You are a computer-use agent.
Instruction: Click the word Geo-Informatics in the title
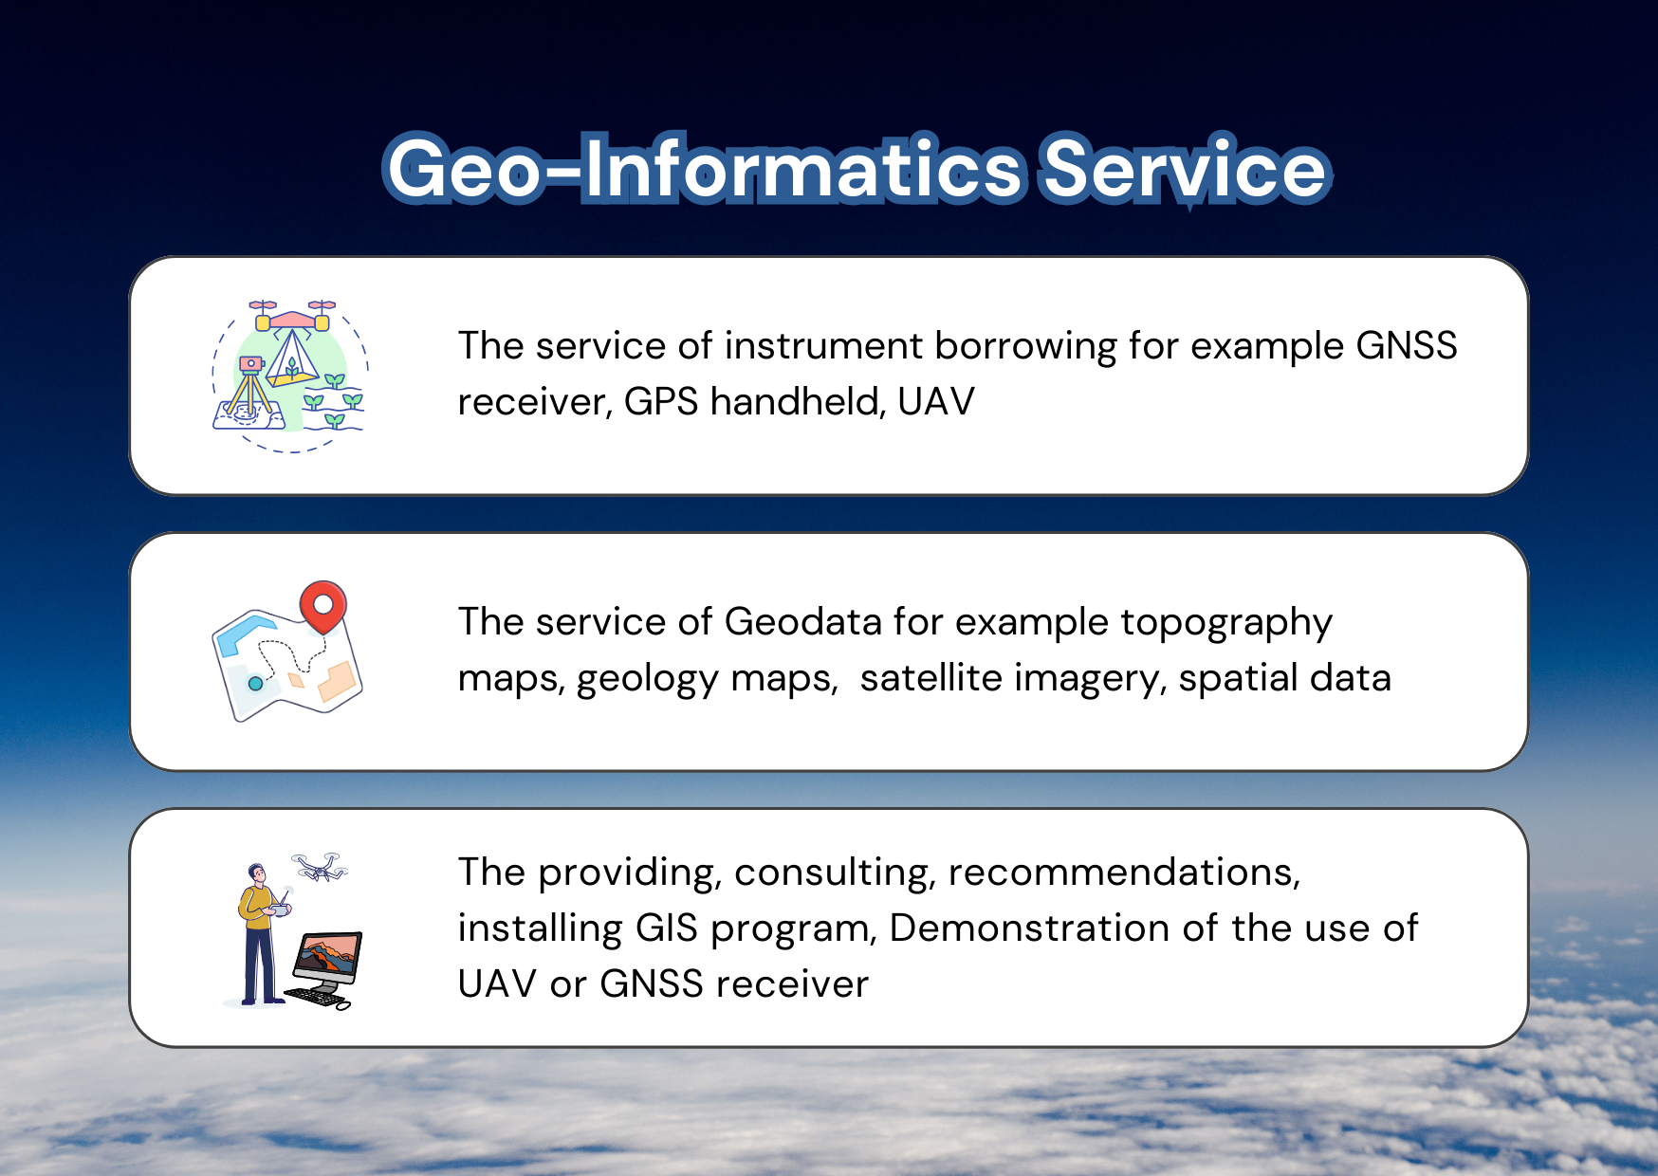[x=705, y=169]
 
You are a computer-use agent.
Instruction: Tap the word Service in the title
[x=1186, y=169]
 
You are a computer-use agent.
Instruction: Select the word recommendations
[x=1124, y=873]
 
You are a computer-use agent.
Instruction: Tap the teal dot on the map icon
[x=255, y=683]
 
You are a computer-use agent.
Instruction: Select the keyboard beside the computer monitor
[x=315, y=997]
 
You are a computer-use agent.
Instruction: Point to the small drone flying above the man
[x=321, y=866]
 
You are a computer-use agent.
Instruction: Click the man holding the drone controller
[x=260, y=934]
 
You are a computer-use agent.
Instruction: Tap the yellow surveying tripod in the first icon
[x=249, y=388]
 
